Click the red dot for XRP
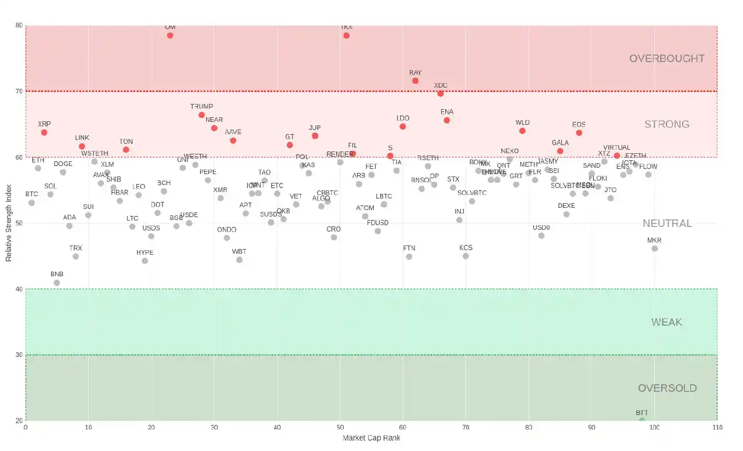[x=44, y=132]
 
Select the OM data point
[x=170, y=35]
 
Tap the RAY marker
[x=415, y=81]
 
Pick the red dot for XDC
[x=441, y=93]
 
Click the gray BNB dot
[x=57, y=283]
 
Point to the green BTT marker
[x=642, y=420]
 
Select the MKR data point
[x=655, y=248]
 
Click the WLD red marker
[x=522, y=131]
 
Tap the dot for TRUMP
[x=201, y=115]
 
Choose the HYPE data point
[x=145, y=261]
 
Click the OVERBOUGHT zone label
[x=667, y=59]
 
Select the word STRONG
[x=667, y=124]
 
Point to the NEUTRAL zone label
[x=667, y=223]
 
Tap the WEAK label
[x=667, y=322]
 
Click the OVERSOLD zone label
[x=667, y=388]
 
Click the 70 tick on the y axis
[x=19, y=91]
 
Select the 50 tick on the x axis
[x=340, y=428]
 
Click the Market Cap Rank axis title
[x=371, y=438]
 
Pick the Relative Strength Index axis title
[x=9, y=223]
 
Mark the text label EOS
[x=579, y=124]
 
